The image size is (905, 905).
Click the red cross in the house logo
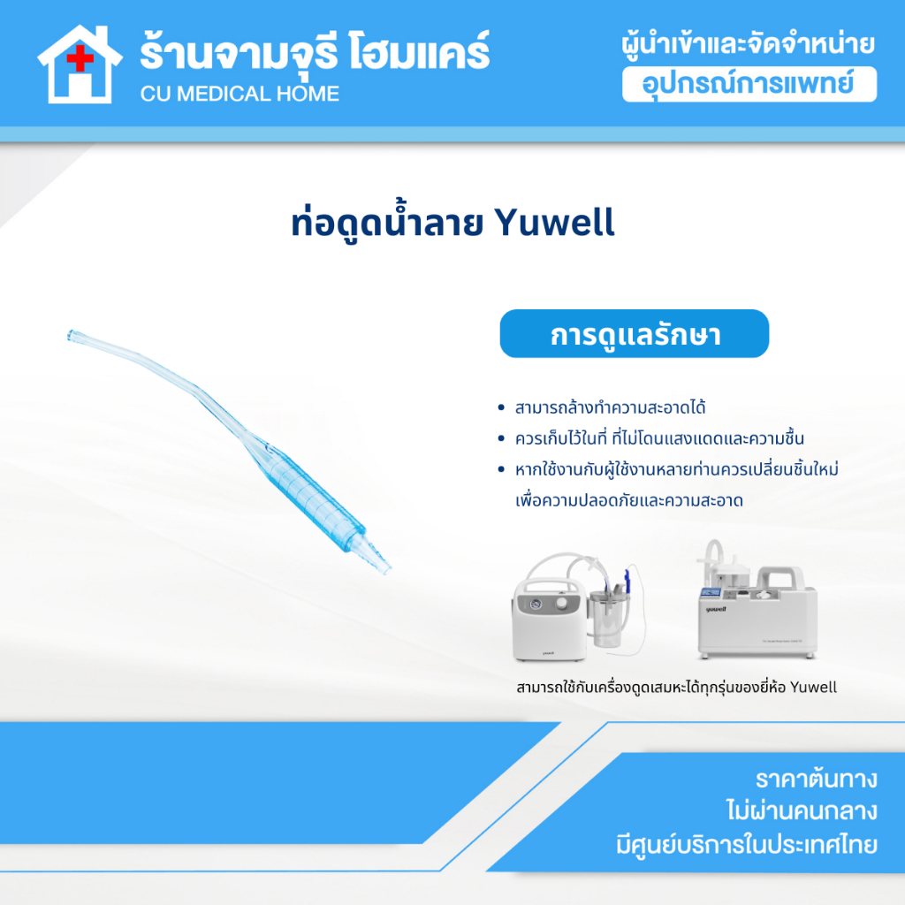click(80, 58)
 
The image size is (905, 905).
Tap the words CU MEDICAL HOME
click(240, 94)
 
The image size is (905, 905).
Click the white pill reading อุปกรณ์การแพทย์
click(749, 84)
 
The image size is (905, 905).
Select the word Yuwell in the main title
click(555, 222)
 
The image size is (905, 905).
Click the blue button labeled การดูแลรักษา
click(635, 333)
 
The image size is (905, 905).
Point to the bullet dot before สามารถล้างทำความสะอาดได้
click(501, 408)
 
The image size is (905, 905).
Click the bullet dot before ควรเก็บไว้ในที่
click(501, 438)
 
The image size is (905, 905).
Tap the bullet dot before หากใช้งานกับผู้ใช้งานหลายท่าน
click(501, 469)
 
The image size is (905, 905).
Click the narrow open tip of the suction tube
click(72, 335)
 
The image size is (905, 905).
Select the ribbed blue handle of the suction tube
click(315, 495)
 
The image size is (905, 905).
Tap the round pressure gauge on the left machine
click(536, 605)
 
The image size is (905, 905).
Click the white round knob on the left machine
click(561, 603)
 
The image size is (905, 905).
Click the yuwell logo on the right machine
click(716, 609)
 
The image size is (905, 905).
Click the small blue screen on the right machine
click(711, 592)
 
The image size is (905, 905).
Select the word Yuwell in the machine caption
click(813, 688)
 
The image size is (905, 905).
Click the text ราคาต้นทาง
click(816, 780)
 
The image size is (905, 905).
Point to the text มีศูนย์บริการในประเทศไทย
click(746, 844)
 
